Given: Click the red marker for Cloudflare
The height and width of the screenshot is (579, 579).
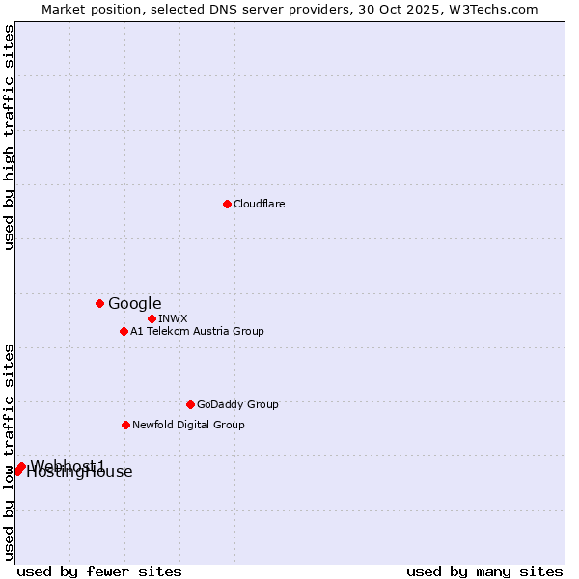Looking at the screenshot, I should click(x=227, y=204).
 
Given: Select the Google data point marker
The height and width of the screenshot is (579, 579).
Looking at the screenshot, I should click(x=99, y=303).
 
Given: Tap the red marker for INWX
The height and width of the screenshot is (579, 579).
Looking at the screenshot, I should click(x=152, y=318).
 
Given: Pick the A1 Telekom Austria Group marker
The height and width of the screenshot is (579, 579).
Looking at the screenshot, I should click(x=124, y=331).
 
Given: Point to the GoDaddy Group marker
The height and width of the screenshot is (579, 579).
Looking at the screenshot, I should click(x=190, y=404).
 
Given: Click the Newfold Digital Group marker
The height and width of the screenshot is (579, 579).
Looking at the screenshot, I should click(x=125, y=425).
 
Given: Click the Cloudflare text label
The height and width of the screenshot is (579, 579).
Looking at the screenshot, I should click(x=259, y=204).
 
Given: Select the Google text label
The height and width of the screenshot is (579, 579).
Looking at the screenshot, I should click(x=134, y=304).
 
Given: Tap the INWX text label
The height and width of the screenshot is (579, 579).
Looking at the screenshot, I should click(x=173, y=318).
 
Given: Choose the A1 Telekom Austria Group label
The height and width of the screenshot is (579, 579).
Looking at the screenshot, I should click(x=197, y=331).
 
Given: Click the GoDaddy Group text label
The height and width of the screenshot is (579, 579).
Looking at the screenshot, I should click(x=237, y=404).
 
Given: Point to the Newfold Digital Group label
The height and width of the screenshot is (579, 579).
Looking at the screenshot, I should click(x=188, y=425).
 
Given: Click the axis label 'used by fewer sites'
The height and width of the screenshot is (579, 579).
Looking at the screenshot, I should click(x=99, y=571).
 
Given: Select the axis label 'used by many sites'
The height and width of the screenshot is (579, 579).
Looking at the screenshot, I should click(x=484, y=571).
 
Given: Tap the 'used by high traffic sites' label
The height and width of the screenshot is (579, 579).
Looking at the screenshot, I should click(x=10, y=137).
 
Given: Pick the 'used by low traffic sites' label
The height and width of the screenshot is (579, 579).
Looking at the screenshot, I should click(x=10, y=452).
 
